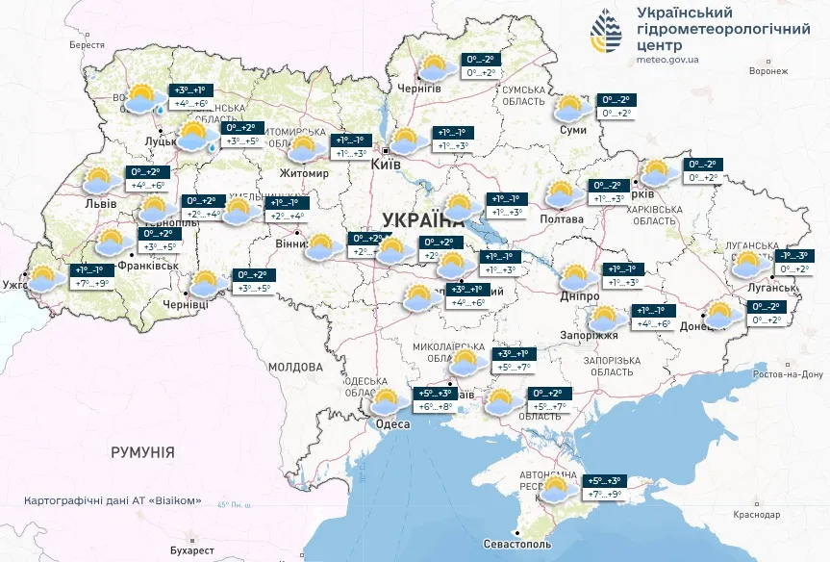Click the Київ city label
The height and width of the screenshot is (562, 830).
tap(386, 166)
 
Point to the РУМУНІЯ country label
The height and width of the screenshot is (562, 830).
tap(142, 451)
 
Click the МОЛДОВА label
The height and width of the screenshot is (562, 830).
tap(295, 367)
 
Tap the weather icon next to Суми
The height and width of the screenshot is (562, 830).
tap(571, 107)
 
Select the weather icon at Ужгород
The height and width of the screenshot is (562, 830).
tap(45, 279)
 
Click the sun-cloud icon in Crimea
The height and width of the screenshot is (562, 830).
tap(556, 489)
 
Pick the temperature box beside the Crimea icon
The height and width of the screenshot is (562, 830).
tap(605, 488)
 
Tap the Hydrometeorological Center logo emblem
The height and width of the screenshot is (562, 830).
tap(606, 33)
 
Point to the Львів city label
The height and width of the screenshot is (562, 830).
tap(100, 204)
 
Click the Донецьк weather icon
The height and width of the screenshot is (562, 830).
tap(720, 314)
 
